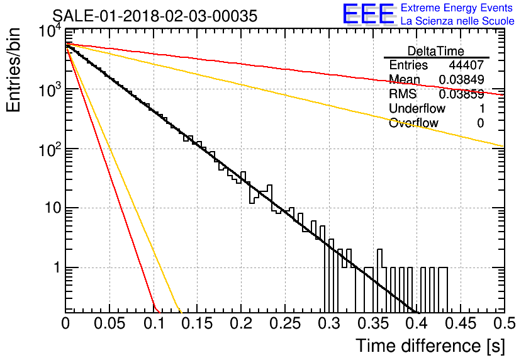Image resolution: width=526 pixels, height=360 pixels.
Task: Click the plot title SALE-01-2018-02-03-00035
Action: tap(155, 16)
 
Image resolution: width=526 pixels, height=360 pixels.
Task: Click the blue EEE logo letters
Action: tap(369, 14)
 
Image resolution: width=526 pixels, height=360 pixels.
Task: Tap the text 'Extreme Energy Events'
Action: tap(457, 8)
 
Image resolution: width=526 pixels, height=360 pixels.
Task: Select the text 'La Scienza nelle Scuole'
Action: tap(457, 21)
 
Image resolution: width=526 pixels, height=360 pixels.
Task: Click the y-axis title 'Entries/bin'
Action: tap(13, 70)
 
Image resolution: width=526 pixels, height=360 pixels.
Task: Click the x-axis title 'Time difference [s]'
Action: tap(430, 346)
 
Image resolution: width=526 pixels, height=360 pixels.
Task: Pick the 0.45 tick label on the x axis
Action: tap(461, 323)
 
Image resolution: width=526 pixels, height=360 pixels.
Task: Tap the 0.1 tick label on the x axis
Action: tap(154, 323)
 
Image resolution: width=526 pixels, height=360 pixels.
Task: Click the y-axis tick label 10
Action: tap(53, 208)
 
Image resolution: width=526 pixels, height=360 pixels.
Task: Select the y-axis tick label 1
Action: tap(57, 267)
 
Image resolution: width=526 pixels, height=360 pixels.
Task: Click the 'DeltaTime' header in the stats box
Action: tap(436, 52)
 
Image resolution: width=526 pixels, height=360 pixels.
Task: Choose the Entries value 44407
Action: tap(466, 65)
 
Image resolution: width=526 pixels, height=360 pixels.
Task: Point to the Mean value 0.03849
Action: tap(461, 79)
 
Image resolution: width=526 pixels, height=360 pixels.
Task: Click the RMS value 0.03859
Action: tap(461, 94)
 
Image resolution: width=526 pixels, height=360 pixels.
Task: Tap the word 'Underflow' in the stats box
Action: tap(417, 109)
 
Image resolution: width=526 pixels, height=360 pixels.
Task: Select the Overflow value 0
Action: tap(480, 123)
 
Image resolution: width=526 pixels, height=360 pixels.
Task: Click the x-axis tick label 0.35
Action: tap(372, 323)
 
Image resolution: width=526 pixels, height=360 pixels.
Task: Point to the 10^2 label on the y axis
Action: tap(50, 150)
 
